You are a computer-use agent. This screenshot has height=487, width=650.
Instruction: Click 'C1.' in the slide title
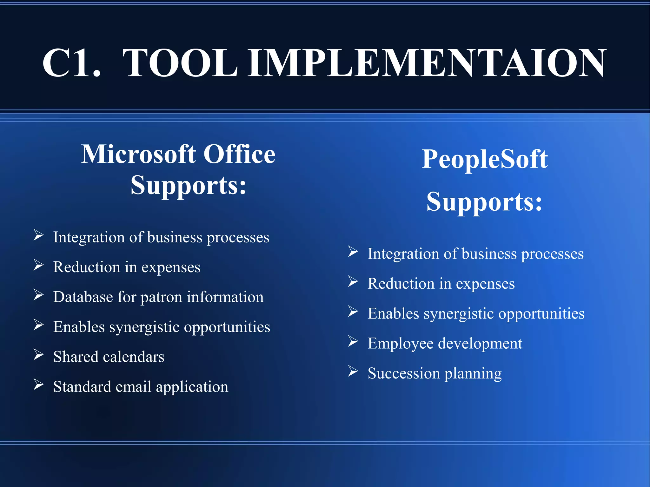71,63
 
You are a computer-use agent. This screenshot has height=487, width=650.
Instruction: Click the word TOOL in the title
180,63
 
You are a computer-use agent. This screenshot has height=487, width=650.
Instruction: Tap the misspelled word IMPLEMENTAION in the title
427,63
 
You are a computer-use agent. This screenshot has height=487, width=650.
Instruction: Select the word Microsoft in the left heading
138,154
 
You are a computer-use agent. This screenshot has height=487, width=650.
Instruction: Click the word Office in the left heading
239,154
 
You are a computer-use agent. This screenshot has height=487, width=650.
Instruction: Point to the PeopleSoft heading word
484,159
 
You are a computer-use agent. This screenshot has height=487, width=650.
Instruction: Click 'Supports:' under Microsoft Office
189,186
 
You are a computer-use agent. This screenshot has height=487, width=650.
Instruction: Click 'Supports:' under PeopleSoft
484,202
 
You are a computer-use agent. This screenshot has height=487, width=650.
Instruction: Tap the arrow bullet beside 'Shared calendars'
38,355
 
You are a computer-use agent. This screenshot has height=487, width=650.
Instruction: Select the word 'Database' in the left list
83,297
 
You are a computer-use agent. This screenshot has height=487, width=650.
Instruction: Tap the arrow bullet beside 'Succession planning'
353,371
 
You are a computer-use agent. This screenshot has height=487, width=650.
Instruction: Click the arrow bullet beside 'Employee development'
353,341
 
